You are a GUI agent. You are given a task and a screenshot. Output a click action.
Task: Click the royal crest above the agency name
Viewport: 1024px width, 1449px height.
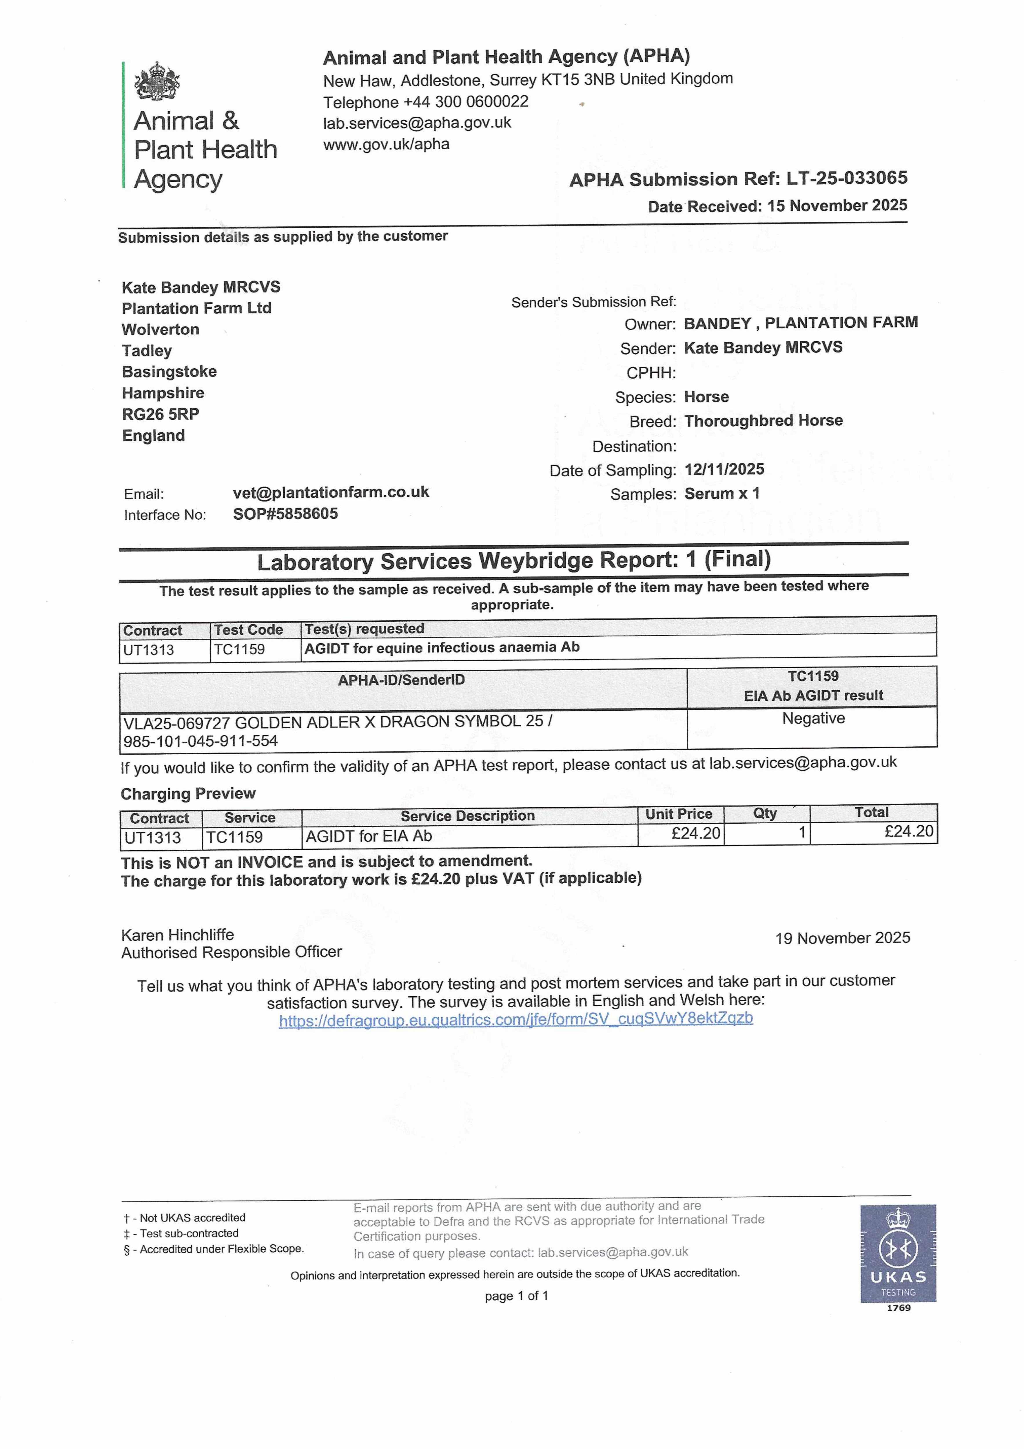click(x=156, y=81)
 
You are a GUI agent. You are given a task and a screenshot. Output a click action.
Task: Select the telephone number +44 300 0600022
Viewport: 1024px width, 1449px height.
click(x=466, y=102)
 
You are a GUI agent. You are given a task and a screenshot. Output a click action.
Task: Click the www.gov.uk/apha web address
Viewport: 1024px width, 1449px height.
click(x=386, y=145)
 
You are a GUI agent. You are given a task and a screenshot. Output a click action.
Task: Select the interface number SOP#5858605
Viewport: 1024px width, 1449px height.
click(x=285, y=514)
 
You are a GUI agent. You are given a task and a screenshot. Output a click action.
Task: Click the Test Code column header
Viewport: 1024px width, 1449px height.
click(x=248, y=630)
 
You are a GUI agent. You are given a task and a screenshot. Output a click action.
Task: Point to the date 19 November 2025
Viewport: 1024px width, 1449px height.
click(x=842, y=938)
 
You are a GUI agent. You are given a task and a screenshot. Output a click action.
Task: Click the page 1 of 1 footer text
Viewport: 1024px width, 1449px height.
click(x=516, y=1296)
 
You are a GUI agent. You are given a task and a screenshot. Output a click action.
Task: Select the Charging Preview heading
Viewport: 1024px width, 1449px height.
click(x=188, y=794)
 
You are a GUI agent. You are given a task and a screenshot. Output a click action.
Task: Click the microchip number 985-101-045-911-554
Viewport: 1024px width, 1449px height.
click(x=201, y=741)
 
